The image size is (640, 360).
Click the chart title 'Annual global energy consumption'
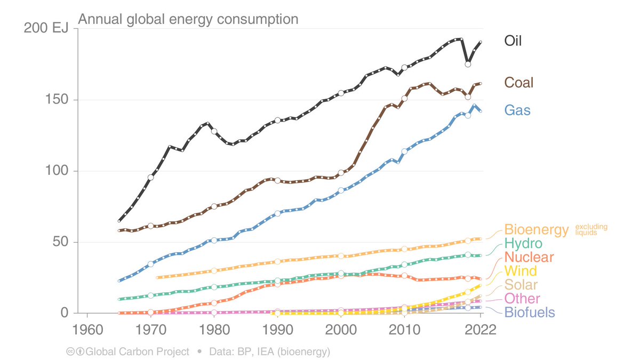[188, 20]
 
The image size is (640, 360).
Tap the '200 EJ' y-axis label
[46, 29]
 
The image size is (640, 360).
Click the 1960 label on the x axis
[87, 329]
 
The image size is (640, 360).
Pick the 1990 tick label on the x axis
[277, 329]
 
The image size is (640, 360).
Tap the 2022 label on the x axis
[480, 329]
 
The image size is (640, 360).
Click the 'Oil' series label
[513, 41]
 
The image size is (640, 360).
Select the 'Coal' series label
[519, 83]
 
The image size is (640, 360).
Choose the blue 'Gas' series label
[518, 110]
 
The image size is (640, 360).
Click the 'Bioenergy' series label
[537, 230]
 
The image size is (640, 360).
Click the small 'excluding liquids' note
[591, 230]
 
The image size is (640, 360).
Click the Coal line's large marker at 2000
[341, 173]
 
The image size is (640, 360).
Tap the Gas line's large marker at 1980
[214, 241]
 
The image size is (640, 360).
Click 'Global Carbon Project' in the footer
[137, 351]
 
